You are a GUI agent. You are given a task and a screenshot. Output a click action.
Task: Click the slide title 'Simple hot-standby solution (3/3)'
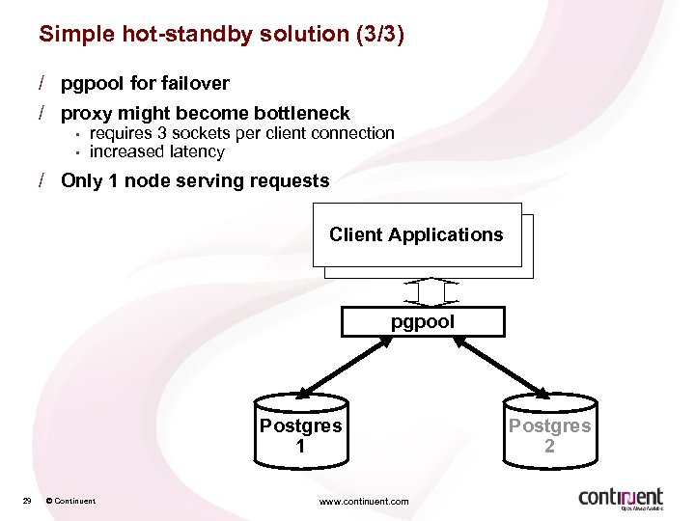click(221, 35)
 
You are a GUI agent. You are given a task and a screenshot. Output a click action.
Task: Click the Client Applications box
click(416, 234)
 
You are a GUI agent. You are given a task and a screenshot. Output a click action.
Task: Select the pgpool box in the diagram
click(423, 321)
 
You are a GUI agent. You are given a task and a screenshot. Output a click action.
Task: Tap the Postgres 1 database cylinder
click(300, 429)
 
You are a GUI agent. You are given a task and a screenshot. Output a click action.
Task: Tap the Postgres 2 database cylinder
click(549, 429)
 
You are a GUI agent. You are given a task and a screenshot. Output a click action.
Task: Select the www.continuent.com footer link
click(363, 501)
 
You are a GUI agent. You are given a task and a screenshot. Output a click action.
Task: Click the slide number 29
click(27, 500)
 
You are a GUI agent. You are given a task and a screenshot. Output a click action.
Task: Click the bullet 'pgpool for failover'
click(145, 83)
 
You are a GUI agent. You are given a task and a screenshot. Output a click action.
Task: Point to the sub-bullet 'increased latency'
click(156, 151)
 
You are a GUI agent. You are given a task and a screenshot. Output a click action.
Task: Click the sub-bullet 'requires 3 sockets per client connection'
click(241, 133)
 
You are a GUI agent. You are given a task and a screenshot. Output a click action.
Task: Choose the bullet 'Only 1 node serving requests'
click(194, 180)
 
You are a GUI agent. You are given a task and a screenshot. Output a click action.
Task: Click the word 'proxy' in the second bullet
click(85, 114)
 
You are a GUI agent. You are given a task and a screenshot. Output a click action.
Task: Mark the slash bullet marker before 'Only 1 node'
click(42, 180)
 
